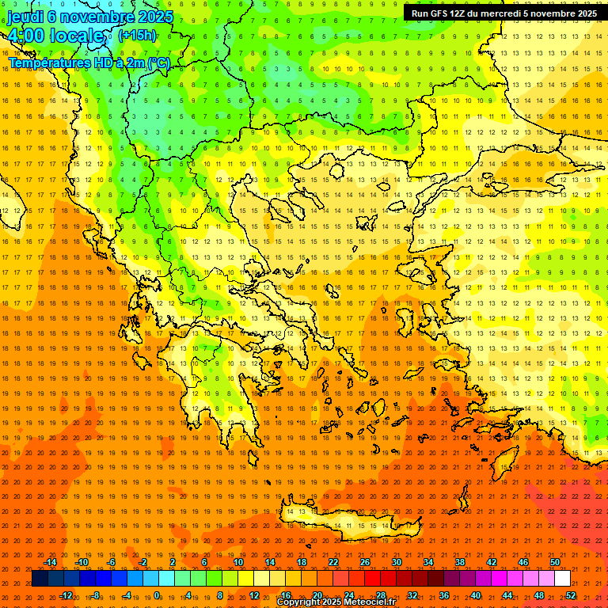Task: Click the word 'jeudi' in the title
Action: tap(25, 17)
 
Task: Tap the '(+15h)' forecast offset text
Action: tap(137, 36)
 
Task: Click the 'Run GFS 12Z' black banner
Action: tap(503, 13)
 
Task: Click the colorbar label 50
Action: tap(555, 562)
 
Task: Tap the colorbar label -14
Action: tap(50, 562)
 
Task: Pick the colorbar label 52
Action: tap(571, 595)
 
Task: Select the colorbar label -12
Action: tap(66, 595)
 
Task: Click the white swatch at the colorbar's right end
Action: tap(562, 579)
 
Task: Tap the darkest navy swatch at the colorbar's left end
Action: tap(40, 579)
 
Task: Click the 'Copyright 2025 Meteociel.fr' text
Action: tap(336, 602)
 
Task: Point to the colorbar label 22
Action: tap(333, 562)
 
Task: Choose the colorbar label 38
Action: tap(460, 562)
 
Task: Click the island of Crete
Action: tap(348, 523)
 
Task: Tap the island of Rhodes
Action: tap(505, 464)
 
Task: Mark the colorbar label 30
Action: tap(397, 562)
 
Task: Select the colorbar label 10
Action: tap(238, 562)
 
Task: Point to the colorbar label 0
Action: tap(157, 595)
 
